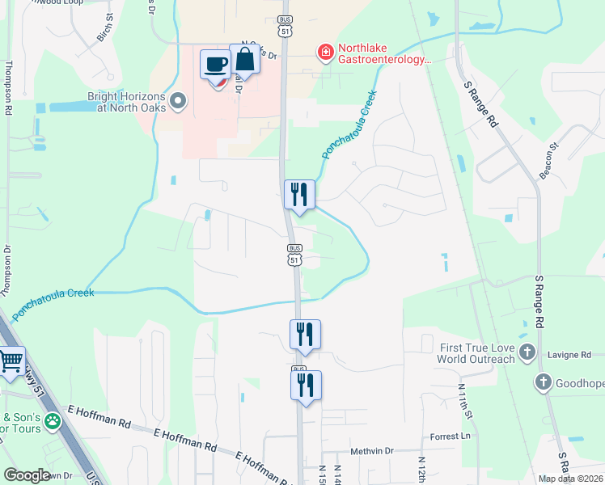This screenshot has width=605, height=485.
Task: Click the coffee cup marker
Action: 216,64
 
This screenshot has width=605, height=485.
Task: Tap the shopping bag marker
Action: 244,59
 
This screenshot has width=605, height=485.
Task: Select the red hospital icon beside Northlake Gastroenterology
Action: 325,53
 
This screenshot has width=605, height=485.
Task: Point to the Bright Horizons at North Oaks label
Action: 126,102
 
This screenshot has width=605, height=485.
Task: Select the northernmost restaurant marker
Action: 299,194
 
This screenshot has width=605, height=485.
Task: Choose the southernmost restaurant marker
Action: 306,385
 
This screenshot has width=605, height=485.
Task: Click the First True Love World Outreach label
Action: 477,353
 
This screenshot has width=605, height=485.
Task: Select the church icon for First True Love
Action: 527,352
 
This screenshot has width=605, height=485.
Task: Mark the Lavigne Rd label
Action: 577,353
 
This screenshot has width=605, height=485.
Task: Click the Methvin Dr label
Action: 371,450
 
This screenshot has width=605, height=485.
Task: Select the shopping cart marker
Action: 11,361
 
